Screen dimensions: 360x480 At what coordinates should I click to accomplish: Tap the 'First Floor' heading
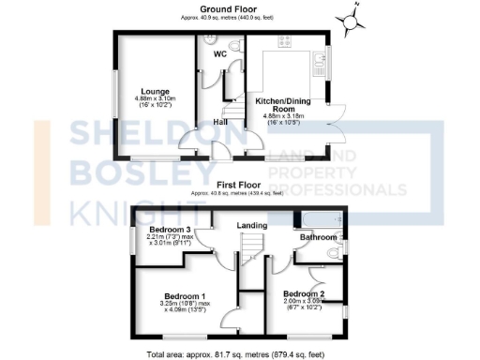[238, 186]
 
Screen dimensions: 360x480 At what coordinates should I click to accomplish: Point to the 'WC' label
[220, 54]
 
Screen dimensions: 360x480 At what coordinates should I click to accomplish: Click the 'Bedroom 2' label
[304, 294]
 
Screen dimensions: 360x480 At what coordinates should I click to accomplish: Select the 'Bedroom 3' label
[170, 229]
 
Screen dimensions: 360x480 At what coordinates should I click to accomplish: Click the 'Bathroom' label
[318, 238]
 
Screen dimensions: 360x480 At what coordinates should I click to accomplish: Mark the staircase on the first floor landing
[248, 250]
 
